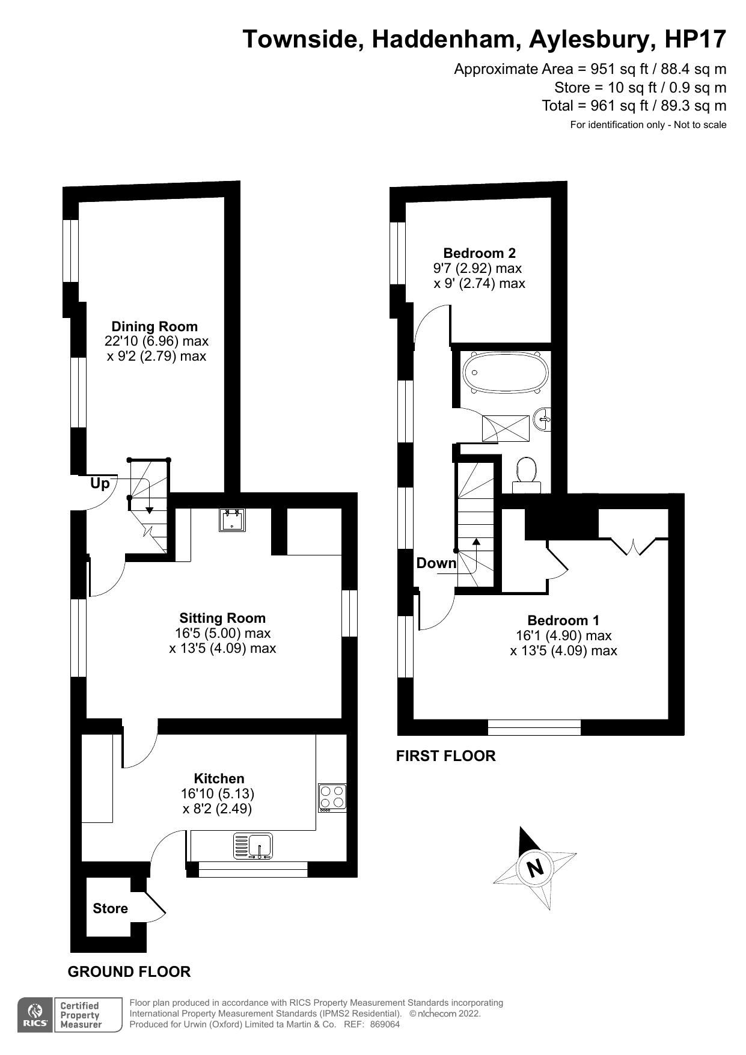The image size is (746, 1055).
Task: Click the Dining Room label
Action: pos(154,326)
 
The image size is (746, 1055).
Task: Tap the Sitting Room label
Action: pos(222,618)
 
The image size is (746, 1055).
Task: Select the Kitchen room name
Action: pos(219,778)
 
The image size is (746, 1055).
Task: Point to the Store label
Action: pos(110,908)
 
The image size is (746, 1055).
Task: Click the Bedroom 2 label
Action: pos(479,253)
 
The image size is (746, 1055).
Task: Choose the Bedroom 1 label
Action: pos(563,620)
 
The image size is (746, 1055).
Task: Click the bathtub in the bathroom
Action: pos(505,373)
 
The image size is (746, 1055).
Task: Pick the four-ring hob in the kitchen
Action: pos(332,798)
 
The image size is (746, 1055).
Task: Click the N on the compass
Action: pos(534,867)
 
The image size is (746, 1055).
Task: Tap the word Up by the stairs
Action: pos(100,483)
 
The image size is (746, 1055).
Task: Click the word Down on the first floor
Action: pos(436,563)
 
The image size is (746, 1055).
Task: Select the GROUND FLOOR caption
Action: pos(129,971)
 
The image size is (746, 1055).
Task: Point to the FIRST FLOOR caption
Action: pos(445,756)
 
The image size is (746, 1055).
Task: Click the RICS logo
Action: pos(35,1015)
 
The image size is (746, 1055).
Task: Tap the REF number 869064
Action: pos(385,1024)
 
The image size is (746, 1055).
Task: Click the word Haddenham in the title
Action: pos(446,39)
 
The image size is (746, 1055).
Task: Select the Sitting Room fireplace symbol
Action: pos(232,520)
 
